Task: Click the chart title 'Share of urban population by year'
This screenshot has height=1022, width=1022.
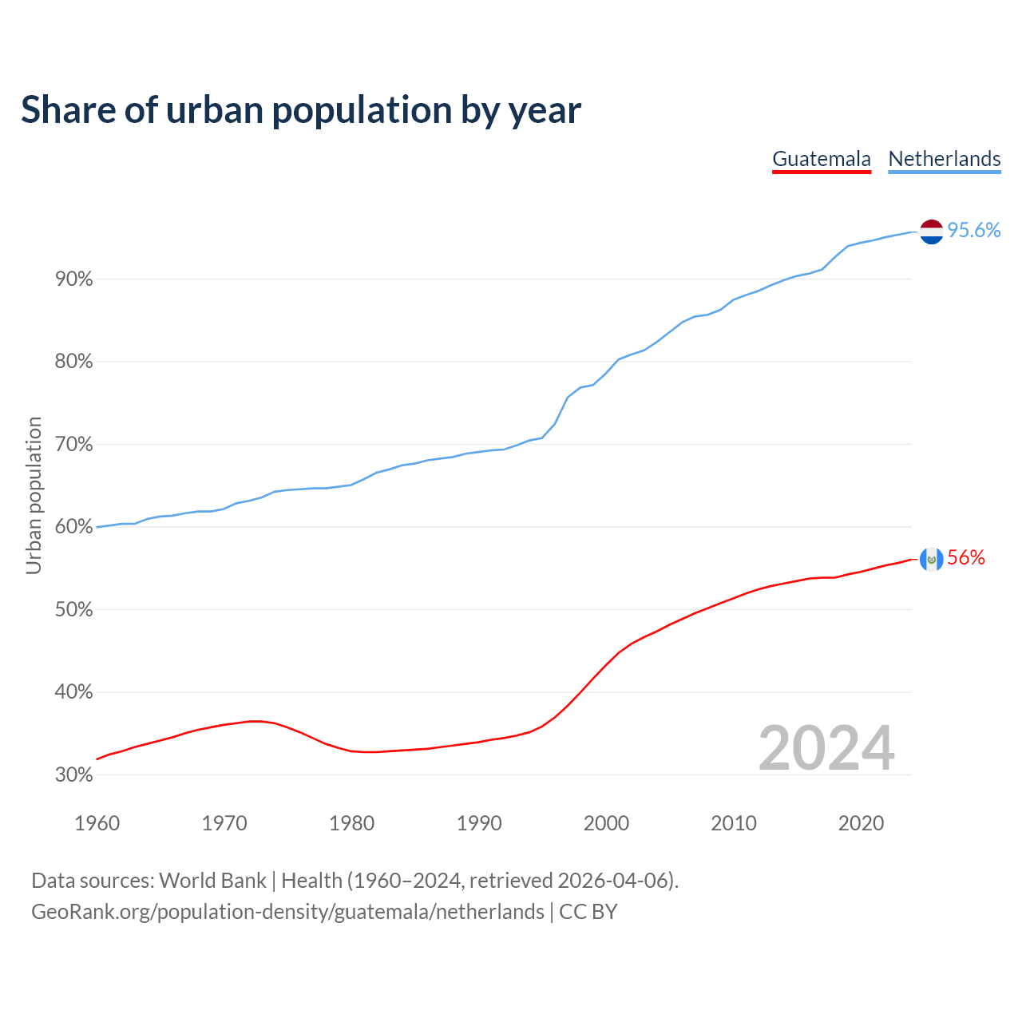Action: point(301,110)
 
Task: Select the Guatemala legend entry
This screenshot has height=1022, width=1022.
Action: point(822,159)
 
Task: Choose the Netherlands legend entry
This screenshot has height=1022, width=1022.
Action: point(945,159)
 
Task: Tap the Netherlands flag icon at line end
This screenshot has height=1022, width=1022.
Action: point(931,232)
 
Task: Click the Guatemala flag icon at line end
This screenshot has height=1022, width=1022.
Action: point(931,559)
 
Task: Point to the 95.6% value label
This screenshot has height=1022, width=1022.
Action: point(973,231)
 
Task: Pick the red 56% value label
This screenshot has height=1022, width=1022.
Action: point(966,558)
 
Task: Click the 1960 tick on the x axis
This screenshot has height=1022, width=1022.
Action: point(97,823)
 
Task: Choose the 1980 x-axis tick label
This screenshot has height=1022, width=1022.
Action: point(351,823)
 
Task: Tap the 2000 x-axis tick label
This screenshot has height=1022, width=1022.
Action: point(606,823)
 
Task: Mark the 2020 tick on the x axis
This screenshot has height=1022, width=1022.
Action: point(861,823)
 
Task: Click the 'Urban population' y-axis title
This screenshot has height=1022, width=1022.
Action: point(34,495)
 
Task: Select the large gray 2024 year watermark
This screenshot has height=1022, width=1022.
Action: point(826,748)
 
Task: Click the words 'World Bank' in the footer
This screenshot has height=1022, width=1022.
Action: point(212,881)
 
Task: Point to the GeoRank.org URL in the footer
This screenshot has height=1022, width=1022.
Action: point(287,912)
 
